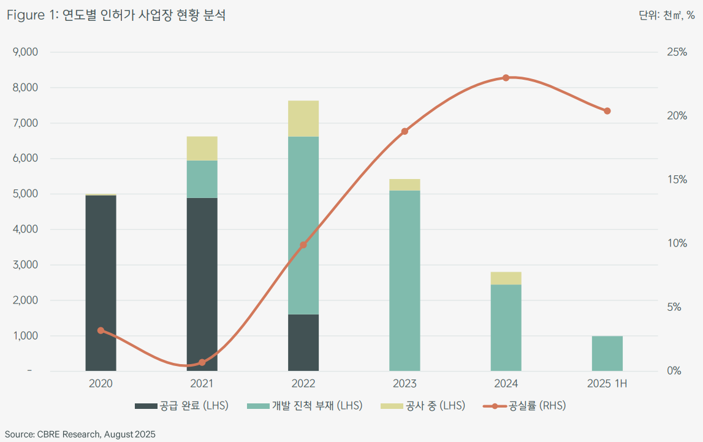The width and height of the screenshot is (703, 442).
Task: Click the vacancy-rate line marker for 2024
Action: pos(506,78)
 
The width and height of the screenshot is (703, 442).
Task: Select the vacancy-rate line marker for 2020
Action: pos(101,330)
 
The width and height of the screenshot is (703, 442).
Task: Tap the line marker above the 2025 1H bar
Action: pos(607,111)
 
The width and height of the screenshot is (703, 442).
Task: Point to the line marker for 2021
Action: pos(202,362)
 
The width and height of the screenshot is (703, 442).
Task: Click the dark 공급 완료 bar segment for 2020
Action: pos(101,283)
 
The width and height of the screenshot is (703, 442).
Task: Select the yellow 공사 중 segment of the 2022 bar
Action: pos(303,118)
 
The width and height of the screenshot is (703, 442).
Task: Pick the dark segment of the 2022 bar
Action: pos(303,343)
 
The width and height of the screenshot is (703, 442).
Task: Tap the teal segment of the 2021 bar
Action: pos(202,179)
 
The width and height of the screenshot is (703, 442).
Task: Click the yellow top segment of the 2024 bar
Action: pos(506,278)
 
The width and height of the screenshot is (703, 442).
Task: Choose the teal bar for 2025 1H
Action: pos(607,354)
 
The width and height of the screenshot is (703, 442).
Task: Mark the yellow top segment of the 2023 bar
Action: pos(405,185)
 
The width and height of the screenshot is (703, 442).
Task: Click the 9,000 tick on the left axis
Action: pos(26,52)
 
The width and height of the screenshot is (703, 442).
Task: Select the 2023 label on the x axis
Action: pos(405,384)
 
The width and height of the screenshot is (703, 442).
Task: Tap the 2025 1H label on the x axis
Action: pos(607,384)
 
